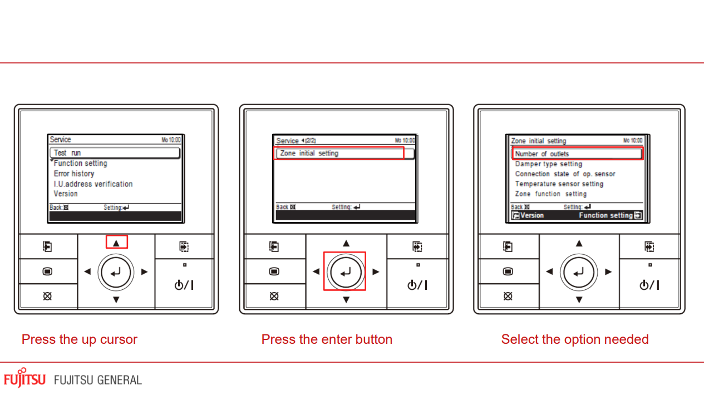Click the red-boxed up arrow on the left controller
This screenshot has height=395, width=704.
click(116, 243)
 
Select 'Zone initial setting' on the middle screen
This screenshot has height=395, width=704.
click(309, 153)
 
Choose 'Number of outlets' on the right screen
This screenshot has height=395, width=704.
click(542, 154)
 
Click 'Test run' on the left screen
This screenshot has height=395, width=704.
click(67, 153)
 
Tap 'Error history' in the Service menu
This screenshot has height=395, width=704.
click(74, 174)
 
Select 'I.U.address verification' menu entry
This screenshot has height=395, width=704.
click(93, 184)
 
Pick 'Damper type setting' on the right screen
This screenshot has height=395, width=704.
click(548, 164)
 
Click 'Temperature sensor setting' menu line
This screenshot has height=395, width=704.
click(559, 184)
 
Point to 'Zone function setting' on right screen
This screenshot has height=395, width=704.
click(550, 194)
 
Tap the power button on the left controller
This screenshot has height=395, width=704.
click(184, 285)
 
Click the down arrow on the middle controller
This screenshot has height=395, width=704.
click(346, 300)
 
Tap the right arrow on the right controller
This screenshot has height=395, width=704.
click(608, 272)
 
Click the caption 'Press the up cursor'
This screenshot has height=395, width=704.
click(80, 339)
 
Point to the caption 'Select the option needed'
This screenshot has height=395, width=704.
click(575, 339)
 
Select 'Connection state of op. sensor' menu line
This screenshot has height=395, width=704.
click(565, 174)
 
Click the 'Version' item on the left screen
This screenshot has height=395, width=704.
click(66, 194)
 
